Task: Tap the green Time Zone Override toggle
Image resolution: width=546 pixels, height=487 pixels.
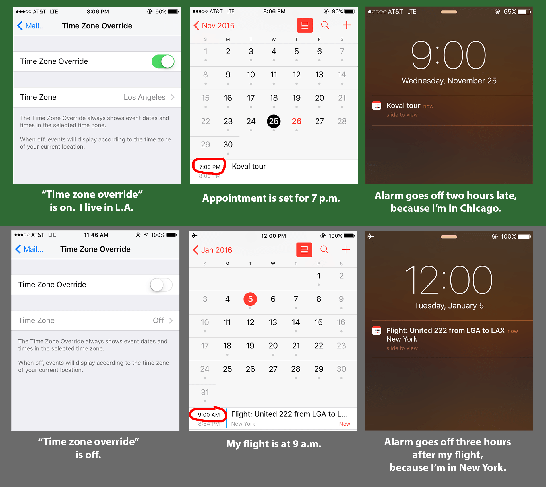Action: coord(163,61)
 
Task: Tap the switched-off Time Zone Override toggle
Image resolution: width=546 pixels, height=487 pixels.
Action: coord(161,285)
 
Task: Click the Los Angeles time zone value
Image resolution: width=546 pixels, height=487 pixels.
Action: coord(144,97)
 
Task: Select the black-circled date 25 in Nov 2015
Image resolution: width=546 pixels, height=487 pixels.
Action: coord(274,121)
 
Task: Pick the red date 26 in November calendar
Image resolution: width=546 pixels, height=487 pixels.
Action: coord(296,121)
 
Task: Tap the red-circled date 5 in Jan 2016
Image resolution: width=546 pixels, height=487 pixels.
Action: coord(250,299)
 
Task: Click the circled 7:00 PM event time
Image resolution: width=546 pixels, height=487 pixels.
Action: coord(210,167)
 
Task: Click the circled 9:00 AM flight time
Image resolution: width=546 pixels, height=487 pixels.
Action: coord(209,415)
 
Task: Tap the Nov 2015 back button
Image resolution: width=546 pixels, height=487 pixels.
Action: coord(214,26)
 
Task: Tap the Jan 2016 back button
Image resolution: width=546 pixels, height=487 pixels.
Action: coord(213,250)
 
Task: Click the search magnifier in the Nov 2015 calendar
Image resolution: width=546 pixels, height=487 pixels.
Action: coord(325,25)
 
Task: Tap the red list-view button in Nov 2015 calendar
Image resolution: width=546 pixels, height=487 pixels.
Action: coord(305,25)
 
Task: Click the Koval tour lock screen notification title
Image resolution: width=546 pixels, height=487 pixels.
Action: coord(403,106)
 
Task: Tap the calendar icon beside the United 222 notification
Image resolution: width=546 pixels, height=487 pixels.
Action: coord(377,330)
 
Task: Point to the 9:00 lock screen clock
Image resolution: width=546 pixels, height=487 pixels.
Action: coord(449,55)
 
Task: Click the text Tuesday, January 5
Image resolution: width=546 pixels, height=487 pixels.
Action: coord(449,305)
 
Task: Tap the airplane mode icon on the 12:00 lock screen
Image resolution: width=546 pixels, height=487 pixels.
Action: coord(371,236)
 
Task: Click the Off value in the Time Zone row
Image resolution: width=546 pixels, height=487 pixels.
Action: coord(158,320)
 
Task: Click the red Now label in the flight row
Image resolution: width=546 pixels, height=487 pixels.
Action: coord(344,424)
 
